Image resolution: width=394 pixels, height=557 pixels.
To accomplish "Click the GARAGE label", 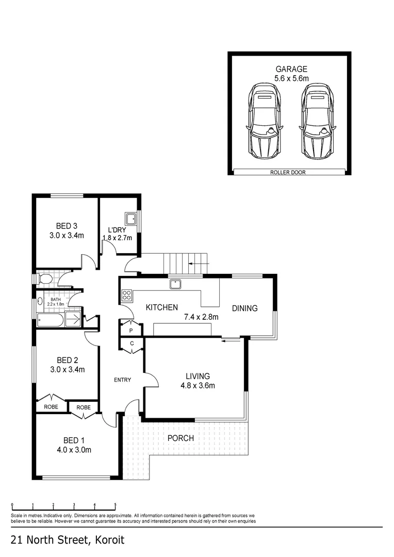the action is coord(291,69).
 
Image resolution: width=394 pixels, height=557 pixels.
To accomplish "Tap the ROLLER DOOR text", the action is coord(288,173).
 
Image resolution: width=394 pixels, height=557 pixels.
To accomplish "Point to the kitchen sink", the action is coord(175,284).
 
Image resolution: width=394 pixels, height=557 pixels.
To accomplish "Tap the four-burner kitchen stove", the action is coord(127,295).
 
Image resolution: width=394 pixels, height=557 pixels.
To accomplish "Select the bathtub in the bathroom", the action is coord(51,320).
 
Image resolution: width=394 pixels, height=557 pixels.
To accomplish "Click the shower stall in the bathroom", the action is coord(74,319).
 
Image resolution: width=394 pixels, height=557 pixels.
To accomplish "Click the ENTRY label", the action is coord(123,380).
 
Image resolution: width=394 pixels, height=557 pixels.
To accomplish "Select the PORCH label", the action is coord(181,438).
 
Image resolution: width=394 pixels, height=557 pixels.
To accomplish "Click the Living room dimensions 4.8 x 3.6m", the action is coord(198,386).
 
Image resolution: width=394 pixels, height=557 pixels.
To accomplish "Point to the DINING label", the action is coord(245,308).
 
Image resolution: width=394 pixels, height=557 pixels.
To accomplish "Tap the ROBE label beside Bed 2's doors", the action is coord(51,407).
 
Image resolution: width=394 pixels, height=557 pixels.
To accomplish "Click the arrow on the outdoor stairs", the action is coord(200,264).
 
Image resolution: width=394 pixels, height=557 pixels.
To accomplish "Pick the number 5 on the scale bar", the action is coord(115,504).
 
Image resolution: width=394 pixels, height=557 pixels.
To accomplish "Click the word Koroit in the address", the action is coord(110,540).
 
